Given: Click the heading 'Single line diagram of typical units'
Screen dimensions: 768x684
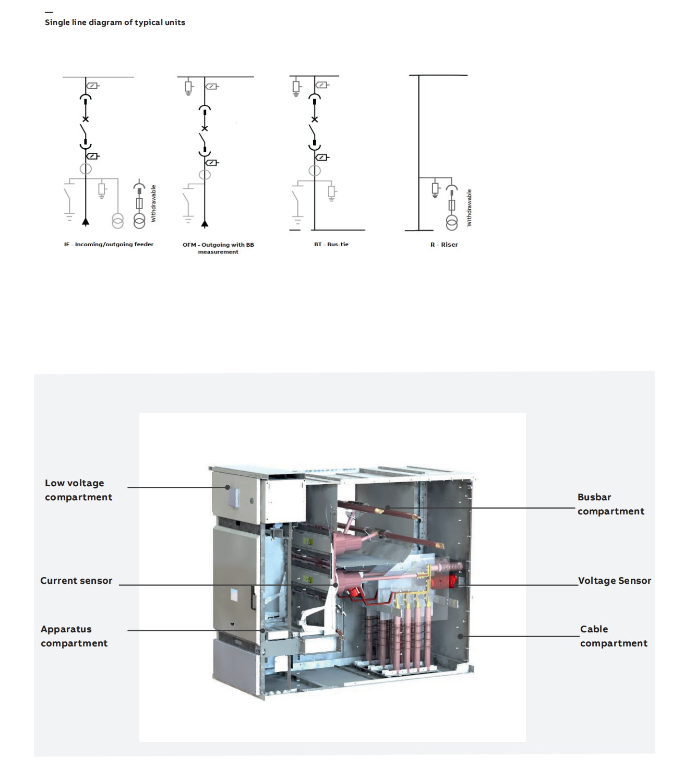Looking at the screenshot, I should [115, 22].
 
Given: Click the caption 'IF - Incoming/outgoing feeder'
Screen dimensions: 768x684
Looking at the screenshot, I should [109, 244].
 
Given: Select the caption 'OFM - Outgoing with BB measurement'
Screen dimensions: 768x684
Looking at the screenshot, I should [218, 248].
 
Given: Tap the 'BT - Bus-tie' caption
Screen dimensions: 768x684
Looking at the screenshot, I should [331, 244].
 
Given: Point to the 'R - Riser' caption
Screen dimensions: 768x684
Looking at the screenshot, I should [444, 244].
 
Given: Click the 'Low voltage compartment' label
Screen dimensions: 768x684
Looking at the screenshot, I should [78, 490].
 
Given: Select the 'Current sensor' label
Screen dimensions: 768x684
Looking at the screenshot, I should [76, 581].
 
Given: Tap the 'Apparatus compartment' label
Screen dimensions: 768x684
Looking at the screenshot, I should [74, 636].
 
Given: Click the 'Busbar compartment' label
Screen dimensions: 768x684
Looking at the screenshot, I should [610, 504].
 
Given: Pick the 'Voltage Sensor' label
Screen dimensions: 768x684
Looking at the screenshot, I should [614, 581].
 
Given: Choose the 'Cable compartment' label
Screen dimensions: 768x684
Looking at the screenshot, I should [614, 636].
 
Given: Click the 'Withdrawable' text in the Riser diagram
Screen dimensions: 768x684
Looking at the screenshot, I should [469, 208].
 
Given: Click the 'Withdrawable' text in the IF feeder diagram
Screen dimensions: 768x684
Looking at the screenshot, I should [153, 203].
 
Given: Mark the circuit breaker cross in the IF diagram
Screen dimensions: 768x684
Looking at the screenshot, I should [86, 119].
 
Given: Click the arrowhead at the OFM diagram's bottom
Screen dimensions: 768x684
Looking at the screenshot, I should [205, 224].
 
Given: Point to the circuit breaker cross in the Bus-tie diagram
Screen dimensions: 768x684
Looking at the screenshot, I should [314, 119].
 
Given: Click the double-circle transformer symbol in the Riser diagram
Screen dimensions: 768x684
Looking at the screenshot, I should [452, 223].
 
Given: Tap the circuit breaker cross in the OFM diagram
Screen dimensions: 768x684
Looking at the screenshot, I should [205, 128].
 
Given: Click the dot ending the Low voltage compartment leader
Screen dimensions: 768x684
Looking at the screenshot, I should [227, 487].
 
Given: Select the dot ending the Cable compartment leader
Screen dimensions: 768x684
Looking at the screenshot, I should [460, 636].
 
